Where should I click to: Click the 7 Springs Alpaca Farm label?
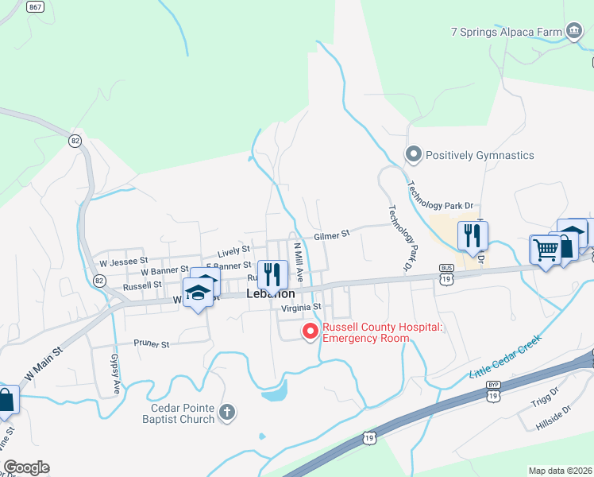[x=505, y=32]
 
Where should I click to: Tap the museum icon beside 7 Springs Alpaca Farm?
[x=573, y=32]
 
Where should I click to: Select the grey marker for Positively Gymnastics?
[x=412, y=155]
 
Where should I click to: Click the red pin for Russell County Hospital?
[x=310, y=332]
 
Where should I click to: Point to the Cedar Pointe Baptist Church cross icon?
[x=227, y=411]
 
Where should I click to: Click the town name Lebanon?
[x=271, y=293]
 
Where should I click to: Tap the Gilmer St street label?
[x=331, y=235]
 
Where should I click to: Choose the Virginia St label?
[x=300, y=307]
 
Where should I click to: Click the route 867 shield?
[x=34, y=7]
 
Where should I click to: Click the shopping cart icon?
[x=545, y=250]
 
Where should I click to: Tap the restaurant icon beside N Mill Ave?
[x=272, y=274]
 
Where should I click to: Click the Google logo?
[x=26, y=467]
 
